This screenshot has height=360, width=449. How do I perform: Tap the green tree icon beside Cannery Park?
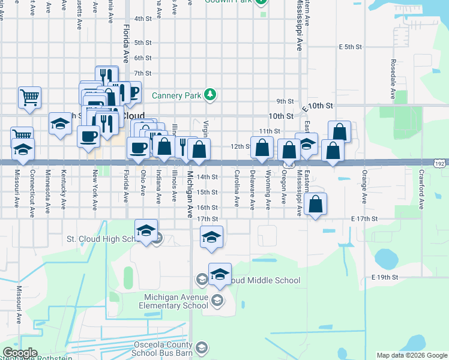click(x=210, y=94)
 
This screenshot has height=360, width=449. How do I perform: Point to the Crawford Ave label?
click(x=421, y=190)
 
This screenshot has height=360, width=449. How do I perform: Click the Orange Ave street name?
click(x=364, y=190)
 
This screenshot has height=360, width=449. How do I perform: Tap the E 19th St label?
click(x=385, y=277)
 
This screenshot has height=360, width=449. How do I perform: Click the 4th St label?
click(x=142, y=19)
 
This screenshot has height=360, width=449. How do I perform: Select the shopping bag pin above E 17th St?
click(x=316, y=205)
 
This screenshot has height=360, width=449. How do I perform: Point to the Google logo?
click(x=20, y=352)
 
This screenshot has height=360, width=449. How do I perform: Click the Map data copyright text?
click(x=412, y=355)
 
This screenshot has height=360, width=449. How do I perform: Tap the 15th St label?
click(x=207, y=192)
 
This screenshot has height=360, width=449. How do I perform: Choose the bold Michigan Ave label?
click(x=190, y=194)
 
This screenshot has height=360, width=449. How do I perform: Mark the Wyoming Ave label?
click(x=267, y=190)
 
